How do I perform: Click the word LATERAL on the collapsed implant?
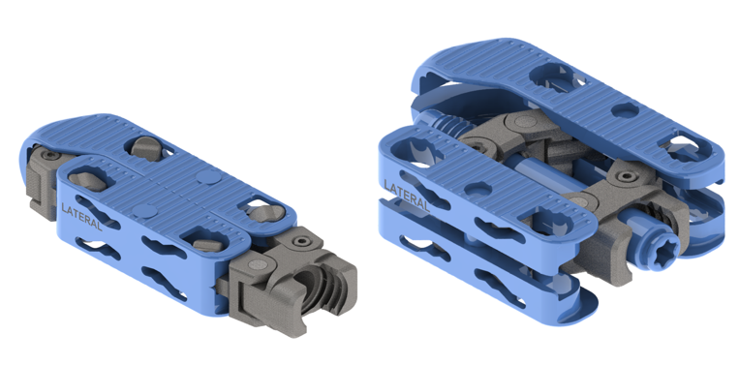[81, 216]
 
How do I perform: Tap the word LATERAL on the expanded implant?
[406, 195]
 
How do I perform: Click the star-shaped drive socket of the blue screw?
[663, 246]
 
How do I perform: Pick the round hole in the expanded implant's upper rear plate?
[626, 111]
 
